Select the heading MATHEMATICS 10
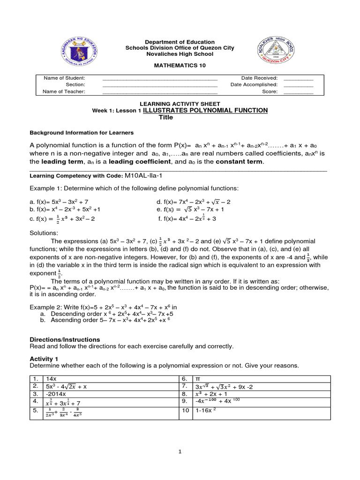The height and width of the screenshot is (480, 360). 180,66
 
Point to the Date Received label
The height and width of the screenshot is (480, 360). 259,78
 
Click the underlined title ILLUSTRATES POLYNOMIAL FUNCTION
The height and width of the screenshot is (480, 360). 205,110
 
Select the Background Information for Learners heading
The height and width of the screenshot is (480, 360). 82,133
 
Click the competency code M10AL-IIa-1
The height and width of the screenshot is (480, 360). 146,175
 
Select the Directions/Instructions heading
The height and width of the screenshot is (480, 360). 65,339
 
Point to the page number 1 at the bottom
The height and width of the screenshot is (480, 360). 180,451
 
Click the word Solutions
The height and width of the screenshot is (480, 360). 44,233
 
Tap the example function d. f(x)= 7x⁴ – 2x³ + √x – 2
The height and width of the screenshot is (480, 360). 194,202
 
